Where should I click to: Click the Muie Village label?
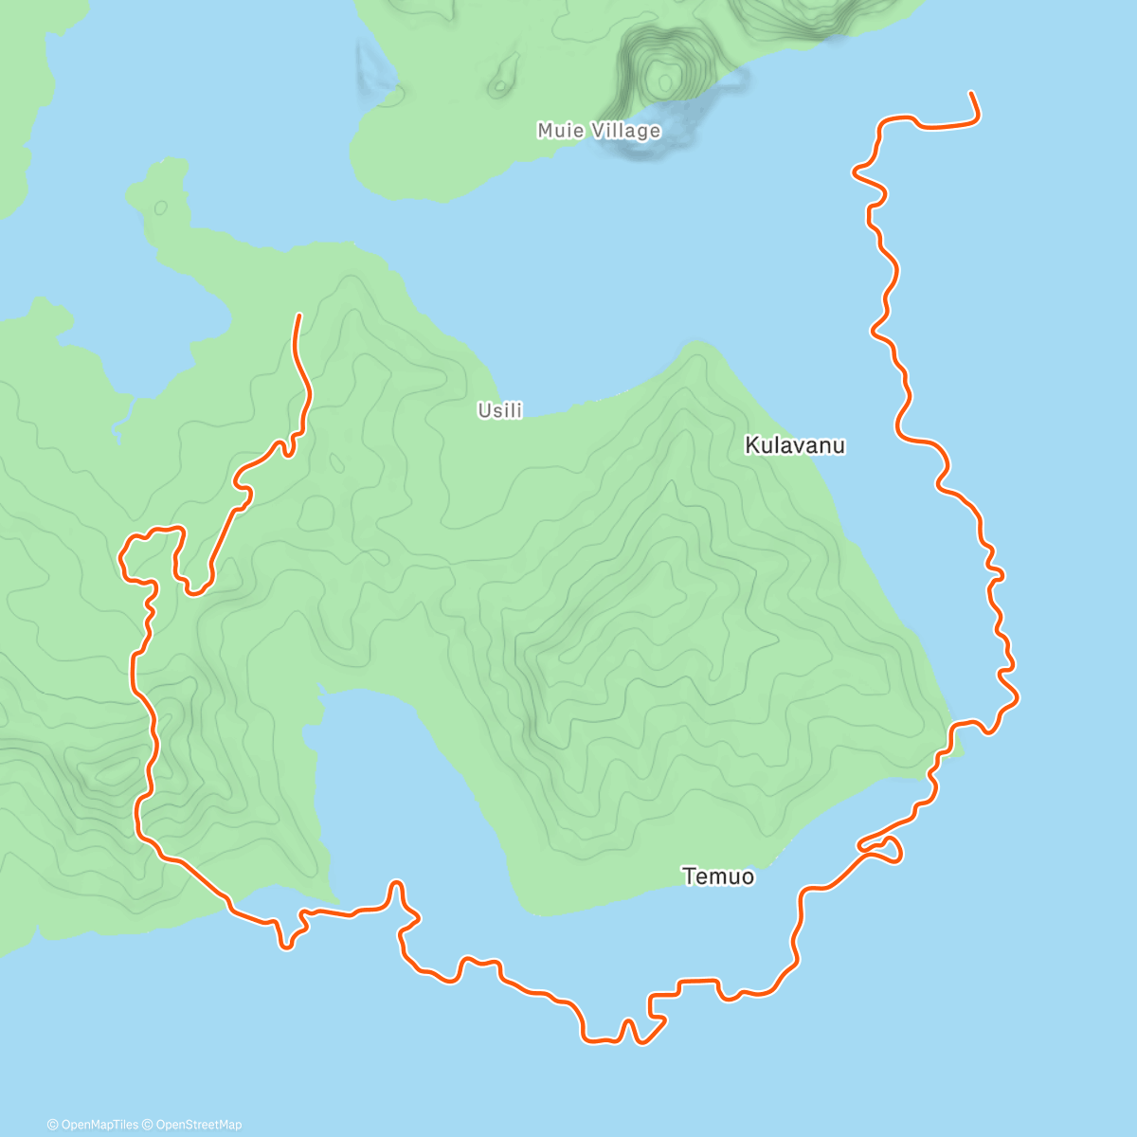[x=599, y=131]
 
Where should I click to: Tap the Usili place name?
[x=499, y=410]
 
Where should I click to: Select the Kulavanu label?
[x=795, y=445]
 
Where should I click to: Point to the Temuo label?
[x=718, y=876]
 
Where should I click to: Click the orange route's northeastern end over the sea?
[x=971, y=93]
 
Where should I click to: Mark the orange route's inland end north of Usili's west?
[x=299, y=316]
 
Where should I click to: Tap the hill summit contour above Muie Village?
[x=666, y=77]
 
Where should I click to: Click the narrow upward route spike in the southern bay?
[x=398, y=888]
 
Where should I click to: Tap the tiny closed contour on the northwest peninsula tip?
[x=160, y=207]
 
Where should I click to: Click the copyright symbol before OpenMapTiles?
[x=53, y=1125]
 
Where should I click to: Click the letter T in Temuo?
[x=689, y=876]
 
